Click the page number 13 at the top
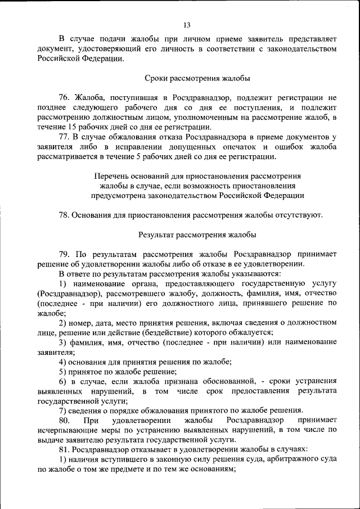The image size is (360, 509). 187,24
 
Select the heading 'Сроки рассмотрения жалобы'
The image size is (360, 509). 197,78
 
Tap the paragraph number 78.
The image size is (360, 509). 64,214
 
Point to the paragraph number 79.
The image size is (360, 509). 64,254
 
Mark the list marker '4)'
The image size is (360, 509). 62,362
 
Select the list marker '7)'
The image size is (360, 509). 62,410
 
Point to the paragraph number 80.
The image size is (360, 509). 64,420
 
